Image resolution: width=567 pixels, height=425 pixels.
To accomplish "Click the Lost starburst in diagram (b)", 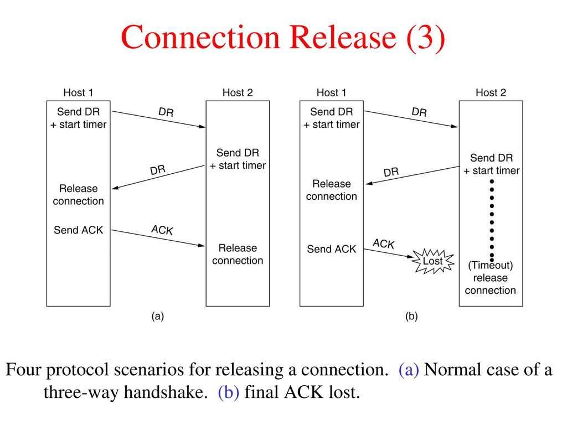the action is (x=434, y=261).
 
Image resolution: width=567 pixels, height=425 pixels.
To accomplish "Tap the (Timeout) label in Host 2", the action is (x=491, y=265).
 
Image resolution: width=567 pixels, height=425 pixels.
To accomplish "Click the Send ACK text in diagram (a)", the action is (x=79, y=230).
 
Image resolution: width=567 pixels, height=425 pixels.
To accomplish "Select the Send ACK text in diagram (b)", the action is (x=332, y=249).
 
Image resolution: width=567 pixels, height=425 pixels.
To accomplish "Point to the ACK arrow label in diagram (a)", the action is (x=162, y=230).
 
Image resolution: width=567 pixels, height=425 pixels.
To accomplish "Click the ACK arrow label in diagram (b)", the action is (x=383, y=244).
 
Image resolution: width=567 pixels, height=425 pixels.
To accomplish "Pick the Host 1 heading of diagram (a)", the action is (x=78, y=92).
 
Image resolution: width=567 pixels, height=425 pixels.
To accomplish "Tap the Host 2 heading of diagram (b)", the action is (x=491, y=92).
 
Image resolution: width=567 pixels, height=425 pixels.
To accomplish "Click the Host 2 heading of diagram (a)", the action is (x=238, y=92).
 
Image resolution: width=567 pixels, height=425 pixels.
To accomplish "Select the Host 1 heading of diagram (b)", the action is (x=331, y=92).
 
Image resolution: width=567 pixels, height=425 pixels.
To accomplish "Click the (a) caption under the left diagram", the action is (x=158, y=316).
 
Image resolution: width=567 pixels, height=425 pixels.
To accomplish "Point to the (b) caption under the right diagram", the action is (x=411, y=316).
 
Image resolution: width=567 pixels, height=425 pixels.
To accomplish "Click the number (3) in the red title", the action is (x=426, y=37).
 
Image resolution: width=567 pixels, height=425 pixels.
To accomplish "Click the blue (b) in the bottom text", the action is (x=228, y=392).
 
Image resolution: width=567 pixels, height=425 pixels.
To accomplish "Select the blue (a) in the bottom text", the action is (x=409, y=370).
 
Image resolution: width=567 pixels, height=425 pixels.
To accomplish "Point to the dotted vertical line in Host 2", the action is (x=492, y=220).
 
